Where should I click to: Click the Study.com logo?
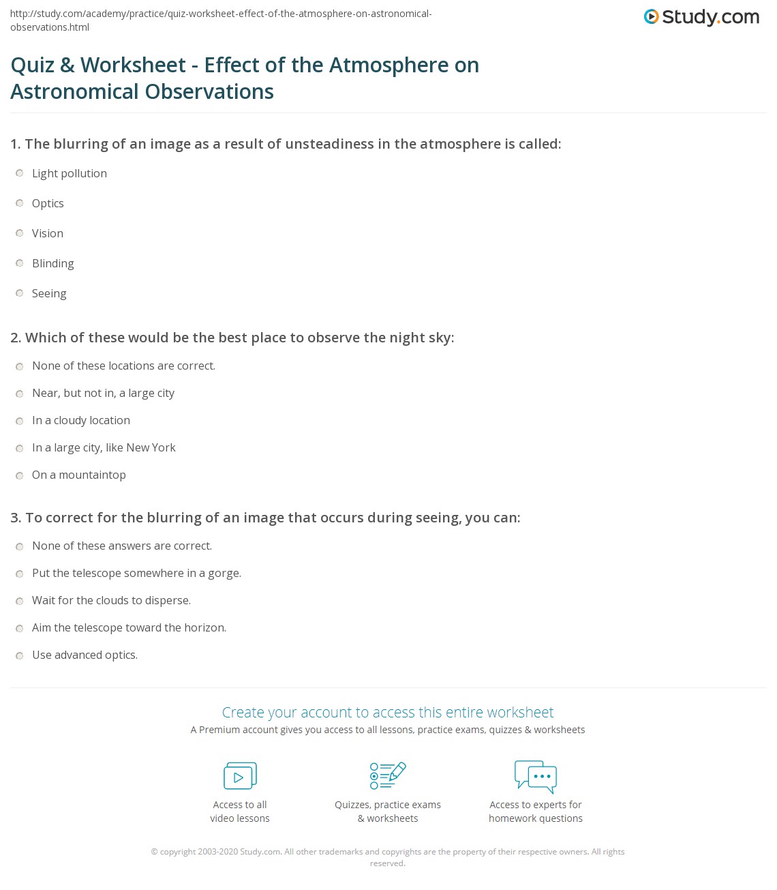(701, 17)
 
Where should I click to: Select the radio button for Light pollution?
(20, 173)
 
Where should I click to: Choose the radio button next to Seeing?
(20, 293)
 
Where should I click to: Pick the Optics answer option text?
(48, 203)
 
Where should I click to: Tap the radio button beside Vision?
(20, 233)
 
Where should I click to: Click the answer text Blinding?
(53, 263)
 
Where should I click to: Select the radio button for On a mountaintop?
(20, 475)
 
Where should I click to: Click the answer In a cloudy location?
(81, 420)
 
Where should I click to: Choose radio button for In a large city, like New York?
(20, 448)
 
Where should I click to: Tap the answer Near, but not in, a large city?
(103, 393)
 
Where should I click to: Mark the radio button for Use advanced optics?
(20, 655)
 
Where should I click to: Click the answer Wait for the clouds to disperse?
(111, 600)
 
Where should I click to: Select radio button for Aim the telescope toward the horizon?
(20, 628)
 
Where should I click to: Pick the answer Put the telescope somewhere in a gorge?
(136, 573)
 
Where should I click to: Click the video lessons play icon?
(240, 776)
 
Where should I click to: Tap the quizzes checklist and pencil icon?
(388, 776)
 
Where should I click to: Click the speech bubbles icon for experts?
(536, 777)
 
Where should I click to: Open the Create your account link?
(388, 712)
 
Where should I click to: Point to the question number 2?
(15, 338)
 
